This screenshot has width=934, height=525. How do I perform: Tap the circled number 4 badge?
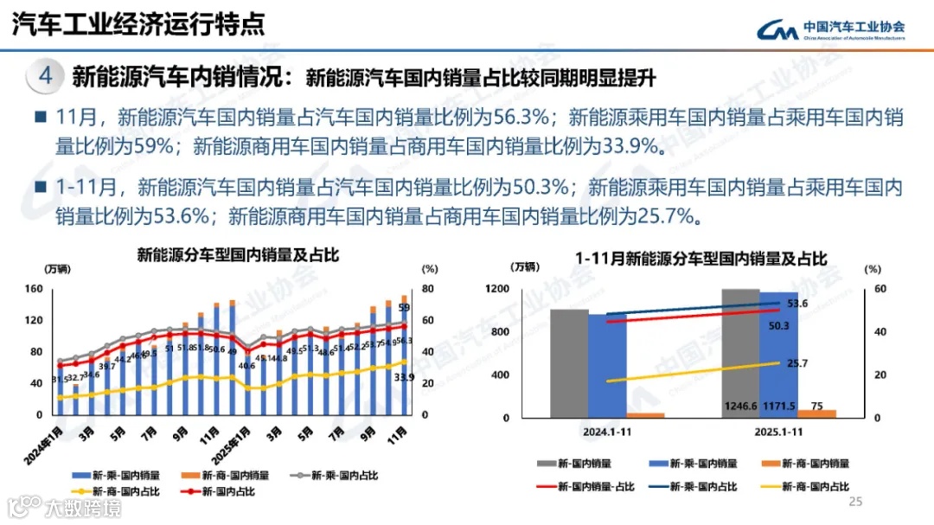pos(46,77)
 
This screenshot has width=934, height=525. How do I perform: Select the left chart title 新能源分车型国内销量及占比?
pos(239,255)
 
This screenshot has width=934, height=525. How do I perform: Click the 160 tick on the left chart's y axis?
pos(35,289)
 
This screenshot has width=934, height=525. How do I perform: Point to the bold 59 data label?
pos(404,308)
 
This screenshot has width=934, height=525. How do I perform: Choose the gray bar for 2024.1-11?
pos(569,363)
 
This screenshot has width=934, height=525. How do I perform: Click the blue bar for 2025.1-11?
pos(779,355)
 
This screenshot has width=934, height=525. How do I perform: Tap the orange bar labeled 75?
pos(817,413)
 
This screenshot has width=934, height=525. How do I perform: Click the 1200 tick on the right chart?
pos(521,289)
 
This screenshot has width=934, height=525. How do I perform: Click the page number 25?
pos(856,502)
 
